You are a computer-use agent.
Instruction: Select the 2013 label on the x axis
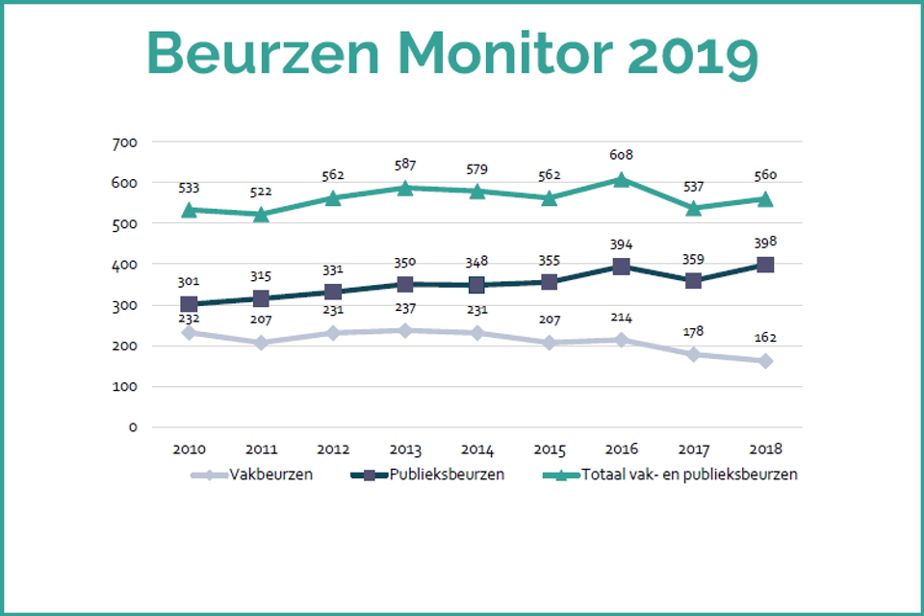click(405, 449)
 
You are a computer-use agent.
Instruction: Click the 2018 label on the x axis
click(765, 449)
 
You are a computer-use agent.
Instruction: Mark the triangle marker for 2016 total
click(622, 180)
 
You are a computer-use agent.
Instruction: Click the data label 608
click(622, 155)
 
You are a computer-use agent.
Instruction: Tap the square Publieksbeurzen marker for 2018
click(765, 265)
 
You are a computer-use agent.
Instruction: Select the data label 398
click(765, 241)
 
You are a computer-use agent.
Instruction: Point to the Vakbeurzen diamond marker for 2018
click(765, 361)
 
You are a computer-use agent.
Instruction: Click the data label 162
click(765, 338)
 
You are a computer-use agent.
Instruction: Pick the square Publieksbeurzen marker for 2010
click(190, 304)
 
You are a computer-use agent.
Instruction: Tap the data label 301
click(190, 281)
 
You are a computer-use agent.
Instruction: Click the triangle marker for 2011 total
click(262, 215)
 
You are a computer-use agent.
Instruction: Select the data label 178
click(693, 331)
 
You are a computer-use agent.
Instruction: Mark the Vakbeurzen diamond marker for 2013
click(405, 330)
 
